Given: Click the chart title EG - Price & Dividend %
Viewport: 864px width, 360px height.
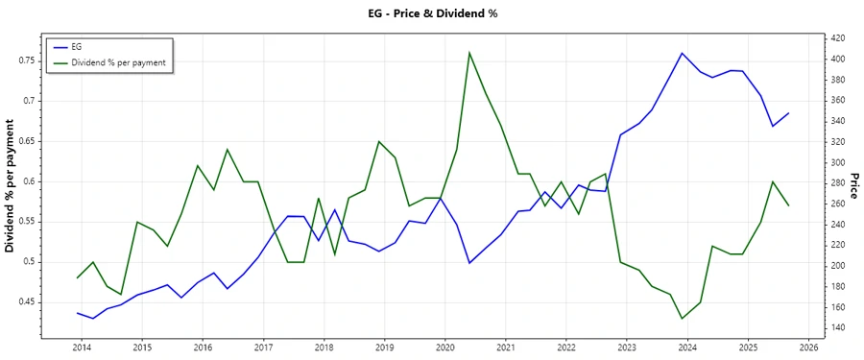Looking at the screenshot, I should pos(431,13).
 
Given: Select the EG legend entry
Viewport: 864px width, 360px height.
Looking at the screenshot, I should pos(77,46).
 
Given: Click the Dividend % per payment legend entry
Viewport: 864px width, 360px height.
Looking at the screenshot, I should pos(119,61).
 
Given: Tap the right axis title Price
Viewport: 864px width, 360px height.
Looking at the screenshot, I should pos(854,186).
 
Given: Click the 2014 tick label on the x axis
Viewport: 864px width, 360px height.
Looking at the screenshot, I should pos(81,348).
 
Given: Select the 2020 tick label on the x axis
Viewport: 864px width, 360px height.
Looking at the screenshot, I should pos(444,348).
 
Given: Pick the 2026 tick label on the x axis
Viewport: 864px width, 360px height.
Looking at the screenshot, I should pos(808,348).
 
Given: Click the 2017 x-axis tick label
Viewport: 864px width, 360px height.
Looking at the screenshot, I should pos(263,348).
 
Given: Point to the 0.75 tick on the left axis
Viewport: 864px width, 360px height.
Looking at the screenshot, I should pos(25,60).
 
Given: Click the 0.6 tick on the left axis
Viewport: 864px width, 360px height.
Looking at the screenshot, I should pos(29,181).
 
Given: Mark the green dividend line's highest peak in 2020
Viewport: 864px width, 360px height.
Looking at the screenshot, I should pos(469,52).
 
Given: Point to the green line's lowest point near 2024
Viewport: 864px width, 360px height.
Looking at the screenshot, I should pos(682,319).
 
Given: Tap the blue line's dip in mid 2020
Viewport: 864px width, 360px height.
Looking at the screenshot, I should pos(469,263).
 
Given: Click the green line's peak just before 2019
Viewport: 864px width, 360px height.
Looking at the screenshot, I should pos(379,141).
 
